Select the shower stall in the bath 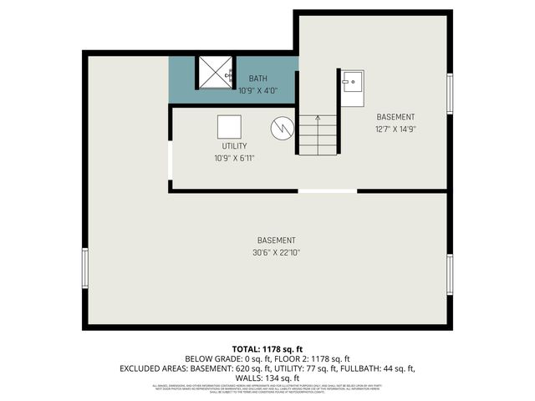coord(215,71)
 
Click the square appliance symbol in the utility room coord(229,127)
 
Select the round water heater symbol coord(283,129)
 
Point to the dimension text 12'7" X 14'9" coord(395,129)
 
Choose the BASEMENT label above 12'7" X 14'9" coord(395,117)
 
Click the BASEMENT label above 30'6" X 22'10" coord(276,241)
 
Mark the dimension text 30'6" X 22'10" coord(276,252)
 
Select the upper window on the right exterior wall coord(450,94)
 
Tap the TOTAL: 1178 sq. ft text coord(267,348)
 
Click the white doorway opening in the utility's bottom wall coord(328,191)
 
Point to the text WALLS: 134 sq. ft coord(267,377)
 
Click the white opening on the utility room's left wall coord(170,160)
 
